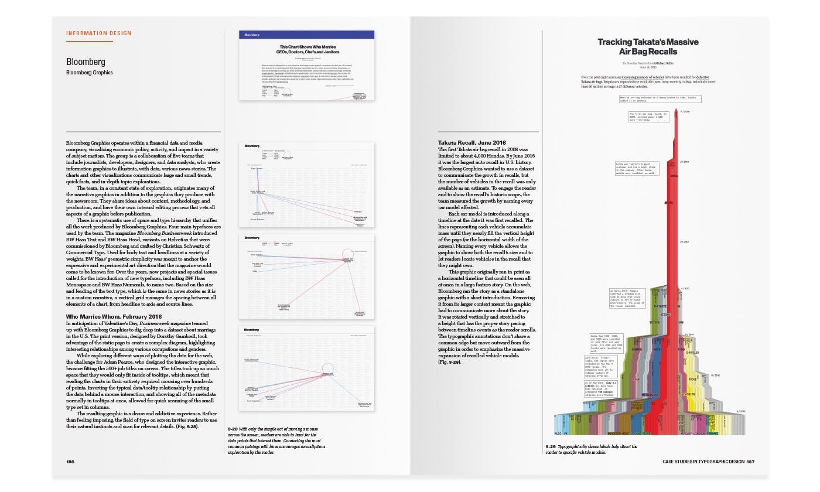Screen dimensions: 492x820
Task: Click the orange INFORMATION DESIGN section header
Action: [99, 33]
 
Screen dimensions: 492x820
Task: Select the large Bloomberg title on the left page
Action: [86, 61]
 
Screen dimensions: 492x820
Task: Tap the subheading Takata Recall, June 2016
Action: [471, 143]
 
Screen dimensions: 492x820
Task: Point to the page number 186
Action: [70, 462]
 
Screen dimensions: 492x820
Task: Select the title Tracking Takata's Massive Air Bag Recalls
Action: [648, 47]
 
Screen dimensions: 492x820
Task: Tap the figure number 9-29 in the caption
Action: [551, 446]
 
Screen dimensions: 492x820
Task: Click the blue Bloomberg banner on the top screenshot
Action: [307, 35]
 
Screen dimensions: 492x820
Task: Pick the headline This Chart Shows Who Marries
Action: [307, 46]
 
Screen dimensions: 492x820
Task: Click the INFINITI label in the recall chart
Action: [661, 305]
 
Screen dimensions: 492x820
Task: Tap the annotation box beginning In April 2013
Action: [628, 298]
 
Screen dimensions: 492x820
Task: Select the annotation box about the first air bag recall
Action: [649, 117]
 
